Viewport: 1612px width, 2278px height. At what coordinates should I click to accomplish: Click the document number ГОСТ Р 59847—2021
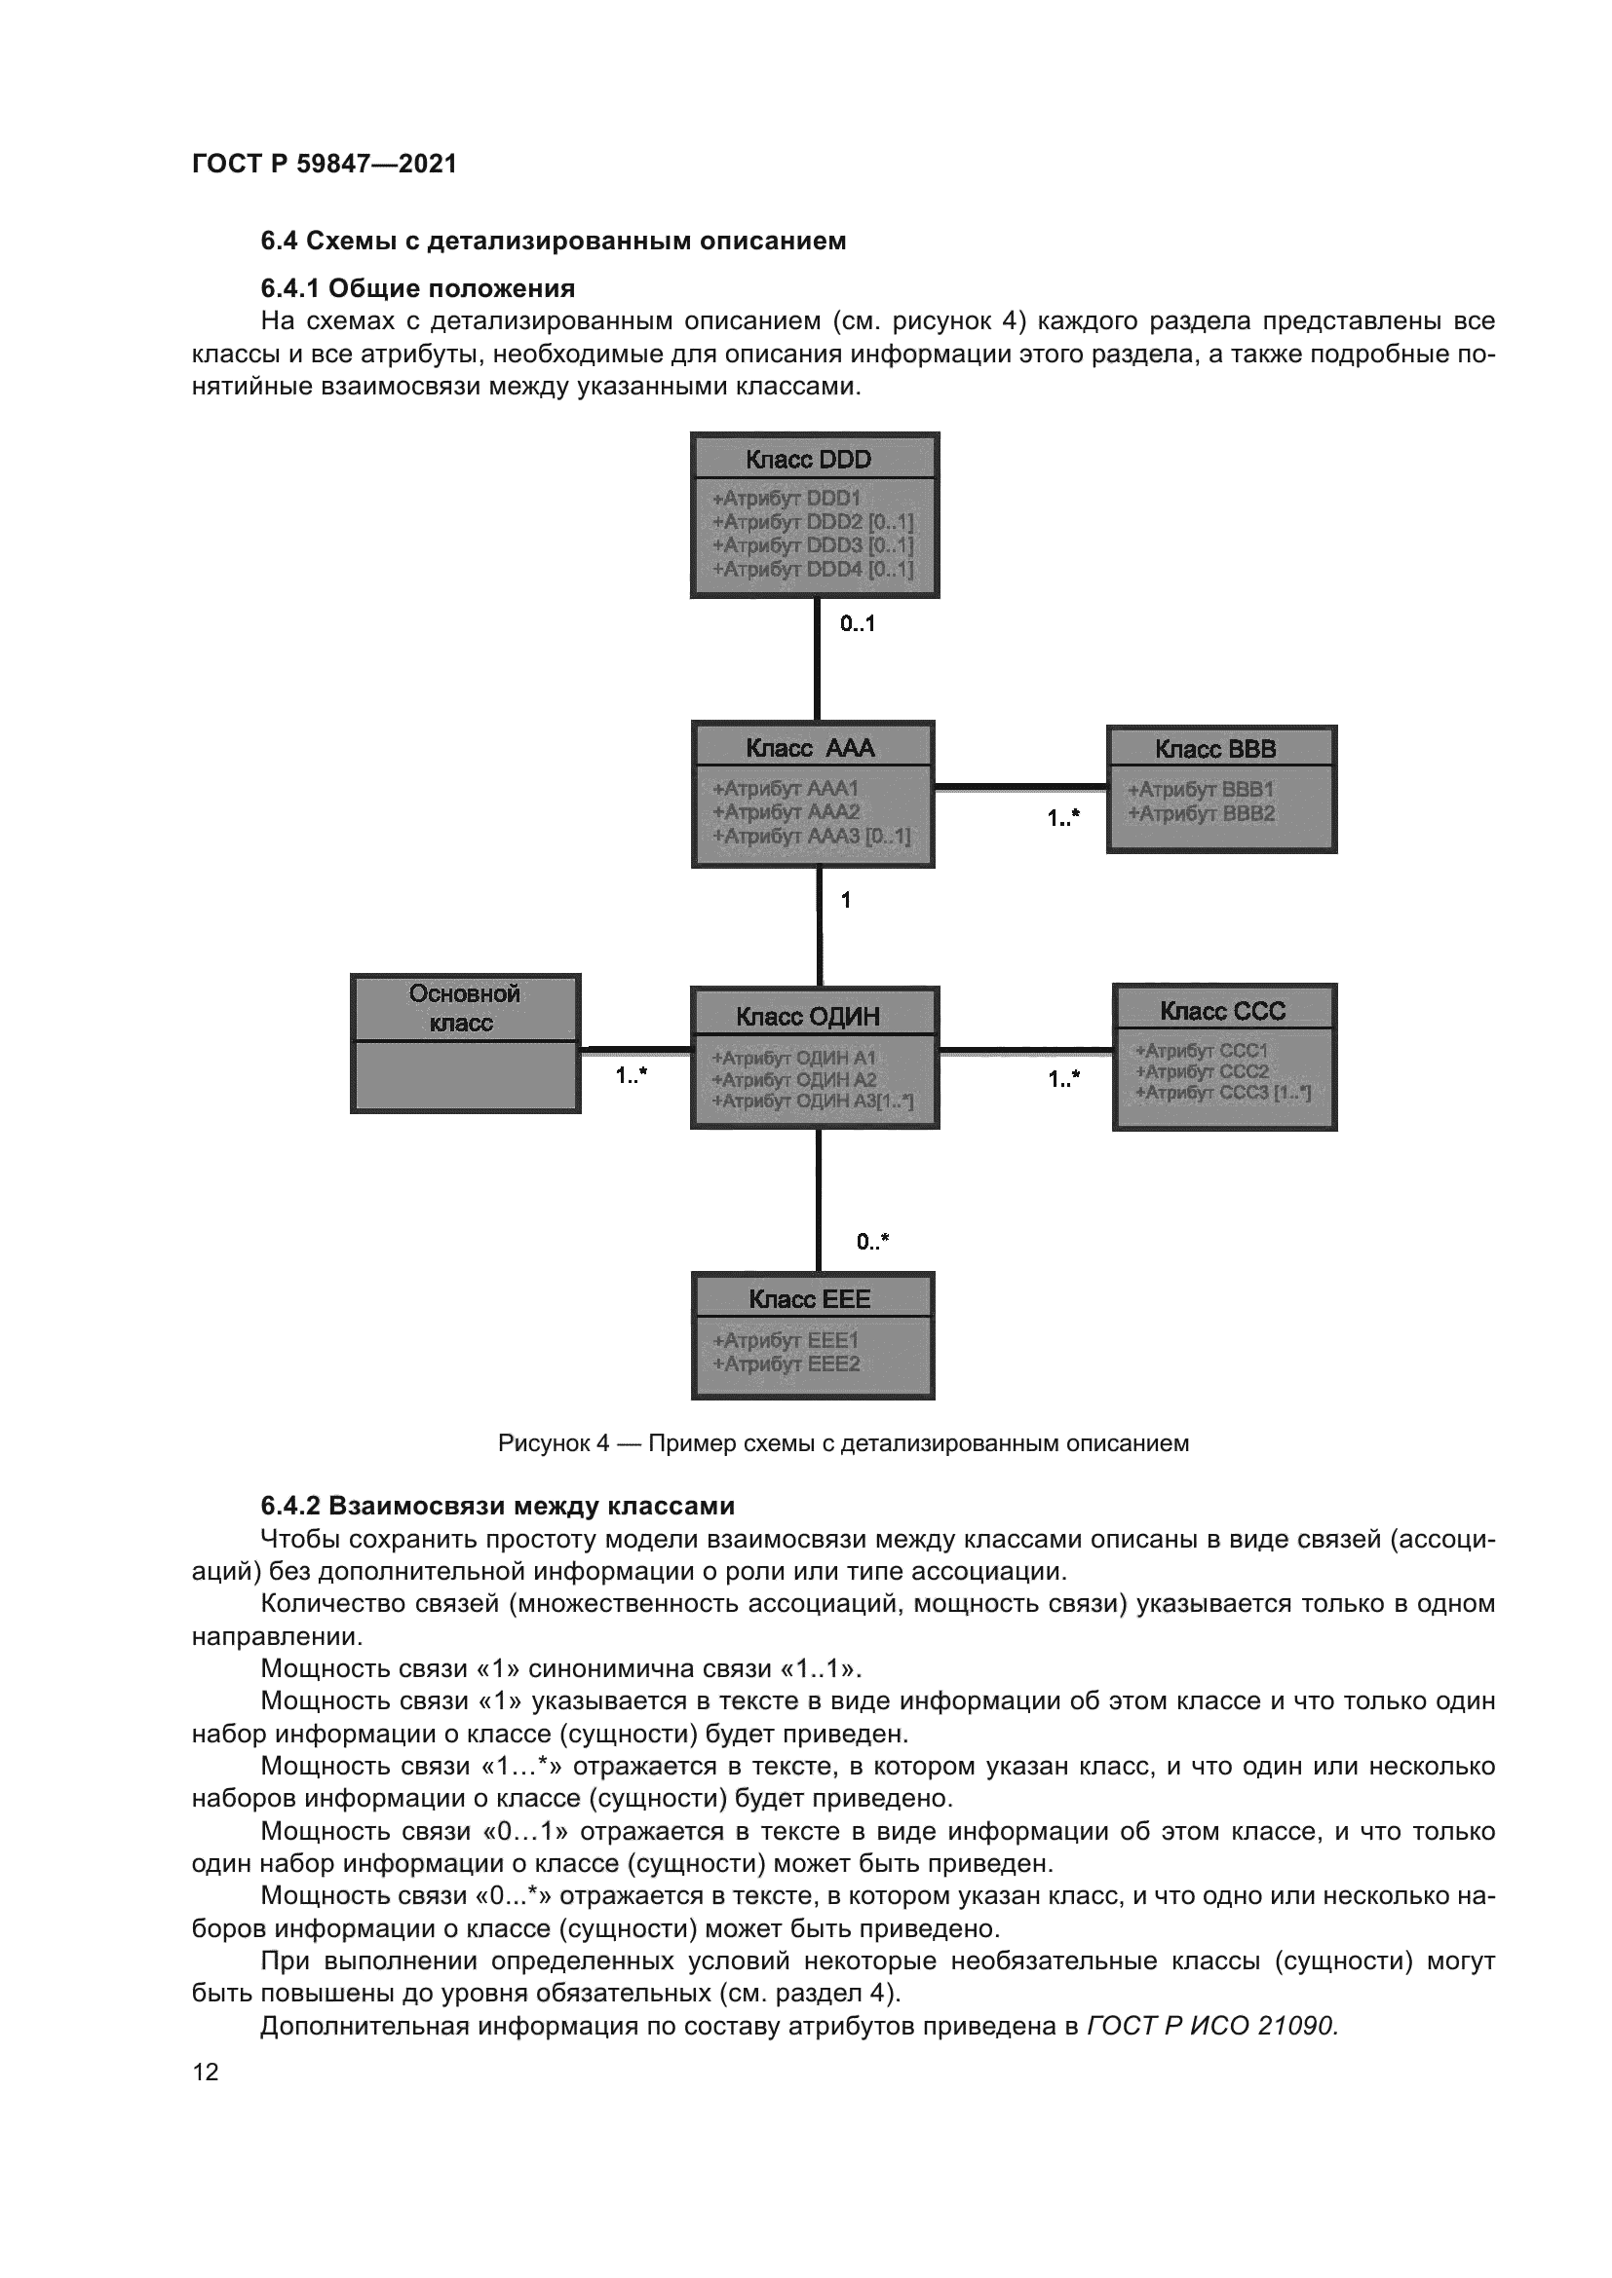click(x=325, y=164)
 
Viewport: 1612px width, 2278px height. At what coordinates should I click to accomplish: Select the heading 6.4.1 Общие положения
click(x=418, y=288)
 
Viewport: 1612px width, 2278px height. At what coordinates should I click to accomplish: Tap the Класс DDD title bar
click(x=814, y=460)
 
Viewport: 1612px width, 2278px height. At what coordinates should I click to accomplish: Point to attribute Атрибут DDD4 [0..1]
click(x=813, y=570)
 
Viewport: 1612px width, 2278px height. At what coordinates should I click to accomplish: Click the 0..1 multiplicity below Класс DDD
click(x=857, y=624)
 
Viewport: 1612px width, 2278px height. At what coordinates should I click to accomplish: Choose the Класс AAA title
click(x=812, y=748)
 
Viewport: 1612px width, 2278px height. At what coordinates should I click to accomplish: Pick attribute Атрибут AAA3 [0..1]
click(x=811, y=837)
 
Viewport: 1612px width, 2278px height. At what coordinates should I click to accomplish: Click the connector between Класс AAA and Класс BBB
click(x=1020, y=787)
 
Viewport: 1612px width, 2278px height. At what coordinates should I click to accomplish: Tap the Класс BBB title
click(x=1220, y=749)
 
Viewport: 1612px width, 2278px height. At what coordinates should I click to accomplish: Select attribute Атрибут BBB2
click(x=1201, y=814)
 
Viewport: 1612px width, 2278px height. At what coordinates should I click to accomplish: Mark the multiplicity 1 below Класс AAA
click(x=846, y=901)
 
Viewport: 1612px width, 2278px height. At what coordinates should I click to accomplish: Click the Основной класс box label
click(x=465, y=1008)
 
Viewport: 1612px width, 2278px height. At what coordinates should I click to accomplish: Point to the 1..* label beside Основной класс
click(x=632, y=1075)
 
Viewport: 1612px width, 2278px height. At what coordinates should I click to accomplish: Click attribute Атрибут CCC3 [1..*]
click(x=1223, y=1094)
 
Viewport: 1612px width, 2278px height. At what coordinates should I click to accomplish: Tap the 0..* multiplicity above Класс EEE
click(x=872, y=1242)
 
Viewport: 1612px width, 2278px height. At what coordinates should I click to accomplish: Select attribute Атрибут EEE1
click(x=787, y=1340)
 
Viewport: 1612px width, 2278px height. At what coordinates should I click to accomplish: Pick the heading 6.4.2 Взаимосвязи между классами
click(x=497, y=1506)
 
